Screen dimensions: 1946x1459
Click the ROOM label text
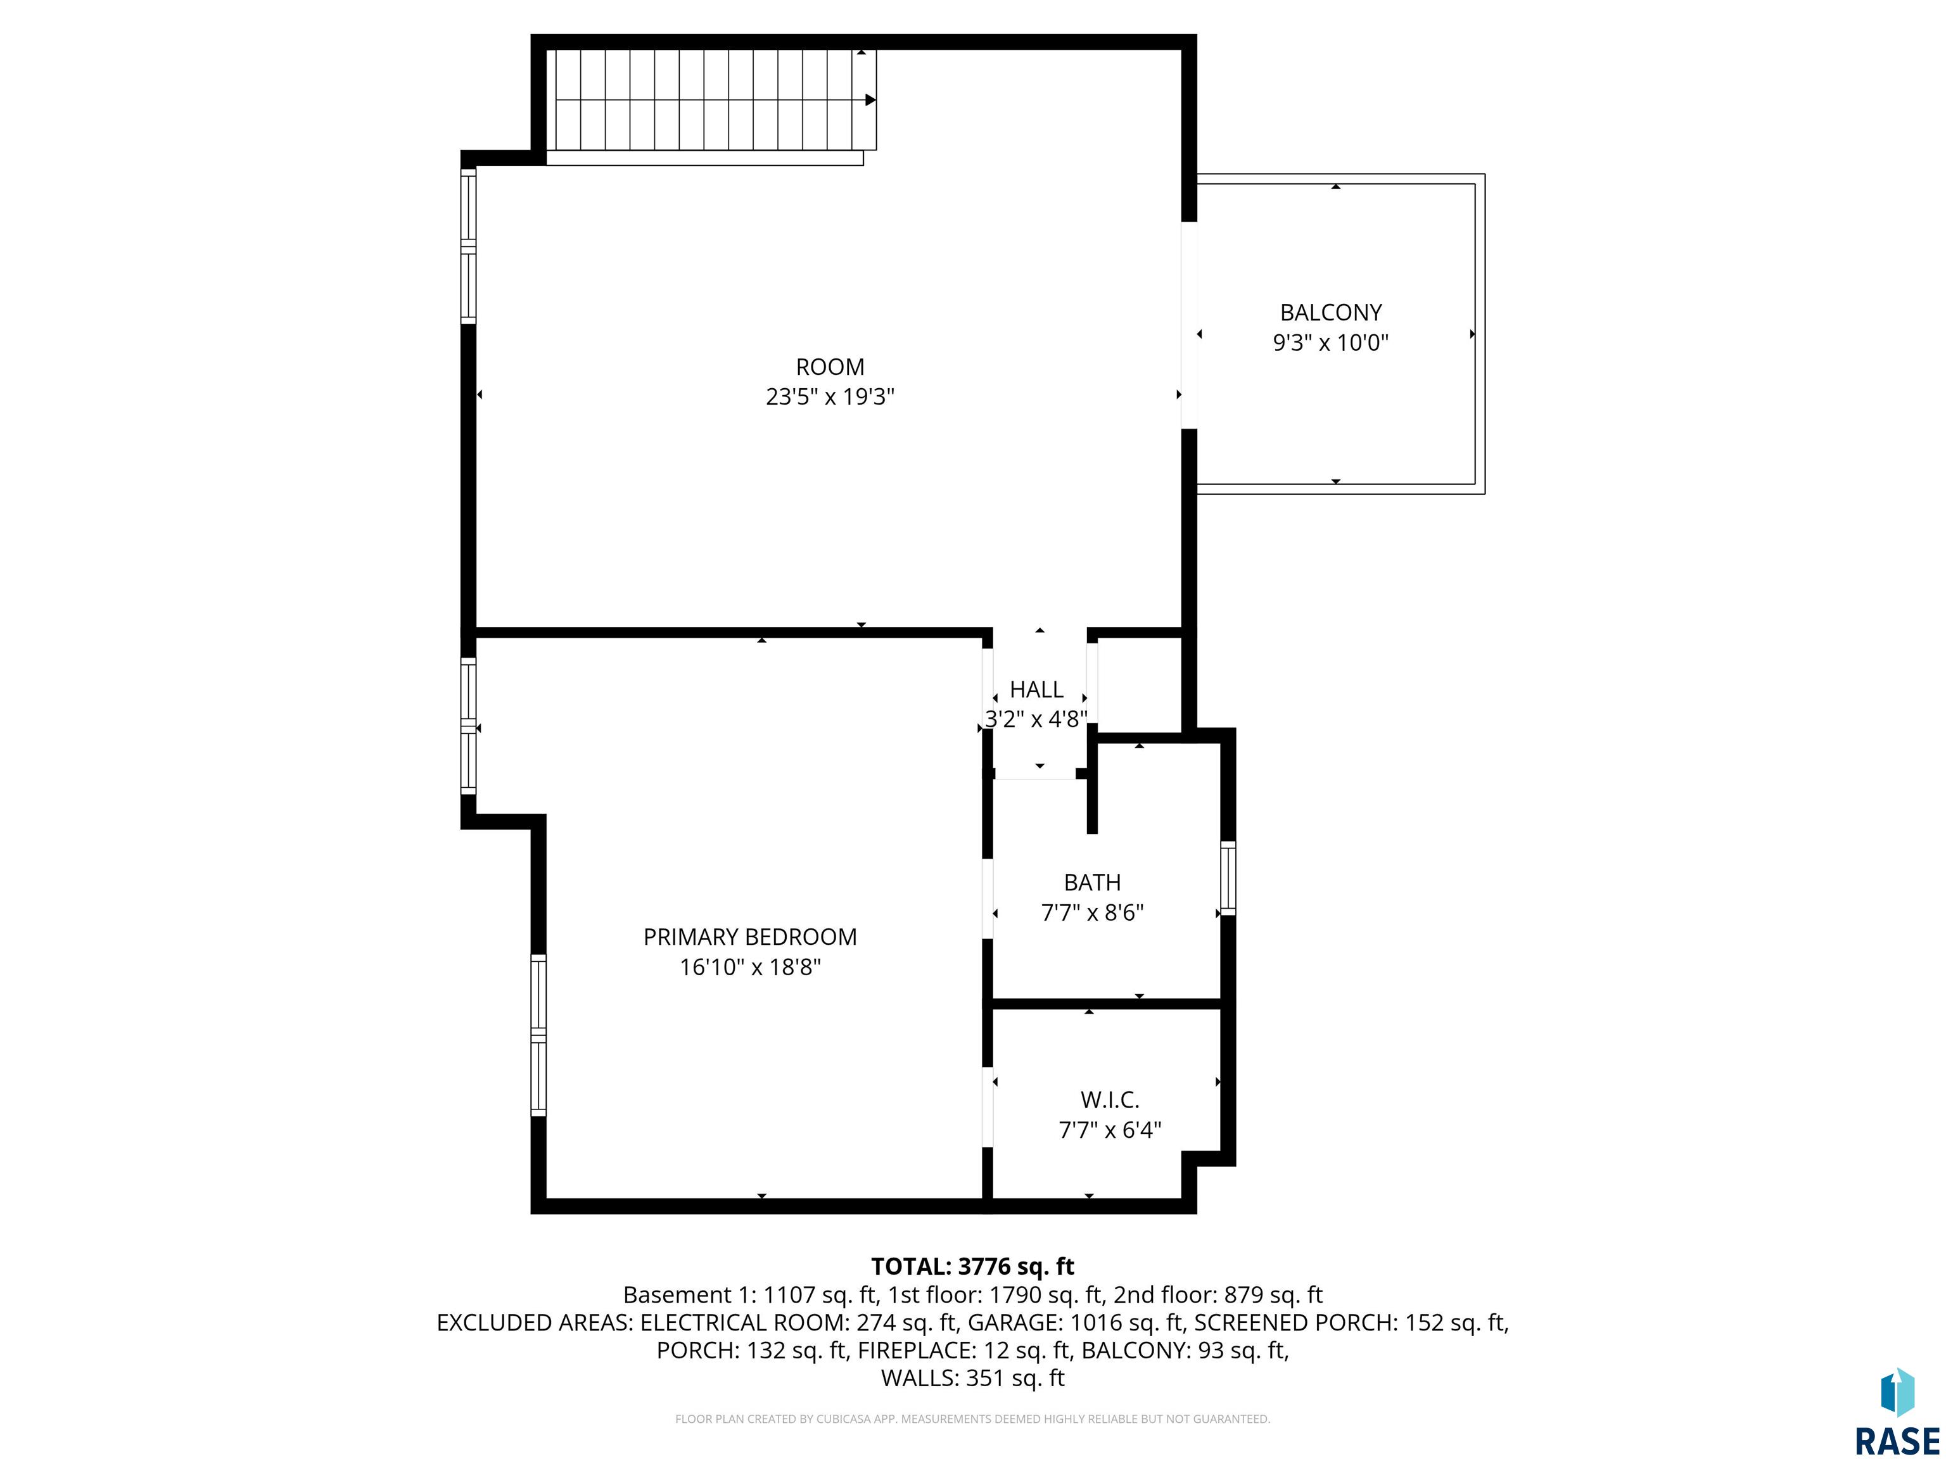point(830,367)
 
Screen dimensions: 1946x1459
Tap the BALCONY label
point(1330,312)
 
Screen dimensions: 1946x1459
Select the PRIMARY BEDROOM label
point(749,937)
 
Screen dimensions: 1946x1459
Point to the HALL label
point(1036,690)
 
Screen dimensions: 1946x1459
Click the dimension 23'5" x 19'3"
point(830,396)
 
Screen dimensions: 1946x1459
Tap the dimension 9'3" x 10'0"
point(1330,342)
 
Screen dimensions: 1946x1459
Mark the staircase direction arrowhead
point(870,100)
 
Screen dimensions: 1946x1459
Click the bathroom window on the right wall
point(1228,878)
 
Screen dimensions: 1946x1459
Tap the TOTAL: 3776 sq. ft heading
point(972,1266)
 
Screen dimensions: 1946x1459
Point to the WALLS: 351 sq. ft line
point(972,1378)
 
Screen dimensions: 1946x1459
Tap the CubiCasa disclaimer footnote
point(972,1418)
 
